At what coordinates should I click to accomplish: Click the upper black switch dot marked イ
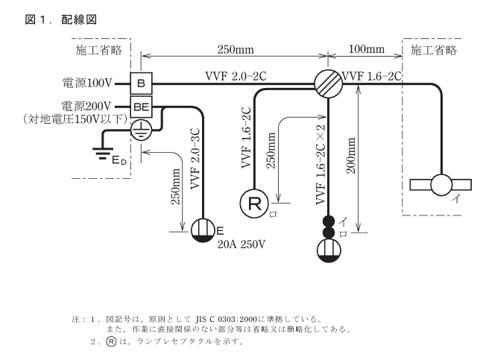(327, 221)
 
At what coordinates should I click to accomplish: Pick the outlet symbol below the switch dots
(327, 253)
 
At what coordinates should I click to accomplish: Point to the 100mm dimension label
(367, 50)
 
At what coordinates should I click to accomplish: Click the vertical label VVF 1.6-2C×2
(319, 168)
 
